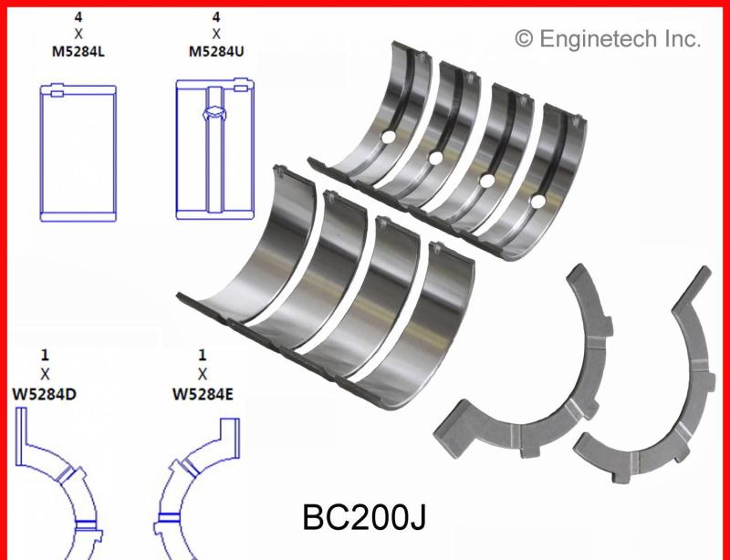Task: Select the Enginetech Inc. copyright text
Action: tap(608, 38)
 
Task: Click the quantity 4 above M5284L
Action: tap(78, 16)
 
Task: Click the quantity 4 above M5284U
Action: tap(215, 16)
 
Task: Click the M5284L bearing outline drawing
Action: tap(79, 150)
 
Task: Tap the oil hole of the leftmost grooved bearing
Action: tap(388, 138)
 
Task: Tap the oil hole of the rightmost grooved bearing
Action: tap(538, 200)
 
